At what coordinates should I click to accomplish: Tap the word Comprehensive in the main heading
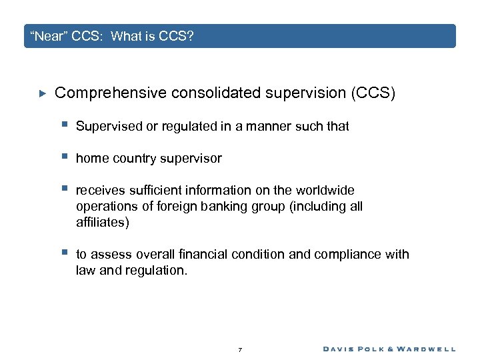point(110,93)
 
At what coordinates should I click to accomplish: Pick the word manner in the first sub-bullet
point(264,126)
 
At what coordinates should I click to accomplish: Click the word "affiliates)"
point(103,222)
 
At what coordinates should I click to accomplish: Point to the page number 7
point(240,349)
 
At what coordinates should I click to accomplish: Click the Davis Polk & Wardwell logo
point(389,349)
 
